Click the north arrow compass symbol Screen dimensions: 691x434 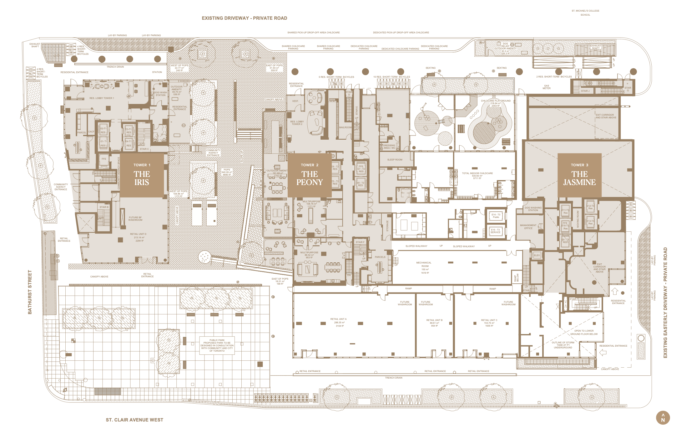point(663,418)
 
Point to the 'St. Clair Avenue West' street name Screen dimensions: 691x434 point(134,420)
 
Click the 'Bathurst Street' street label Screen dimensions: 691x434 point(30,292)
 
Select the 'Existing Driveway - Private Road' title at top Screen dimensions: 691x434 point(245,18)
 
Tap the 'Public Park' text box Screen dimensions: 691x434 point(217,345)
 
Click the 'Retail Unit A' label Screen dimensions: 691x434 point(338,323)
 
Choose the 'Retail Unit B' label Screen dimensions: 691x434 point(434,323)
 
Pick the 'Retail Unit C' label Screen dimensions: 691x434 point(489,323)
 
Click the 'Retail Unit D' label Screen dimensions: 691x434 point(138,237)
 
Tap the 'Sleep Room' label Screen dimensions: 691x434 point(395,160)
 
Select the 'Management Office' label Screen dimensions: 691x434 point(528,227)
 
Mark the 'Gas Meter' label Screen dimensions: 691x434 point(547,87)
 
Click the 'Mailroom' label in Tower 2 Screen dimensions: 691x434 point(345,127)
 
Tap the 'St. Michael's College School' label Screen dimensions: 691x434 point(585,13)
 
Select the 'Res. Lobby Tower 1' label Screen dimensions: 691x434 point(102,98)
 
